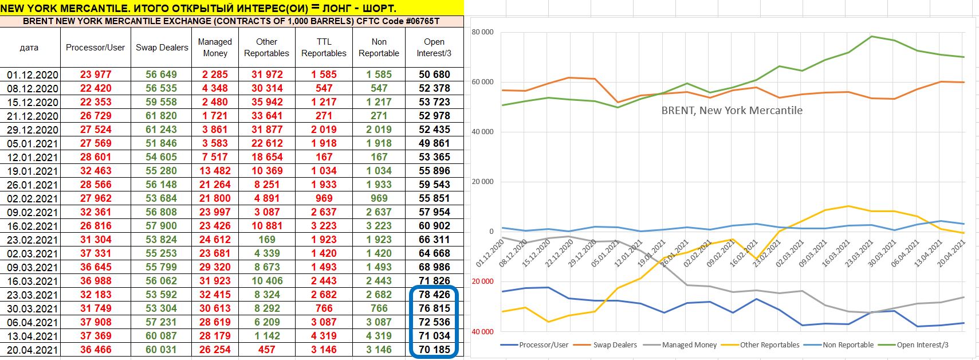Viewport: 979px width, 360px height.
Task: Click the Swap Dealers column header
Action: click(x=162, y=48)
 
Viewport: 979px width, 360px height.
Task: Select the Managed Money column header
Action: click(x=215, y=48)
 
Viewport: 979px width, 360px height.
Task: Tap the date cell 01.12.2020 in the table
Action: click(x=32, y=75)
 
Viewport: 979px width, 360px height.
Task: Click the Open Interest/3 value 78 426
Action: click(x=434, y=295)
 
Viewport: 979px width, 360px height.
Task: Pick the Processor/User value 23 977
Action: click(x=95, y=75)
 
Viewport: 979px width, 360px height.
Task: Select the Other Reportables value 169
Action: click(x=266, y=240)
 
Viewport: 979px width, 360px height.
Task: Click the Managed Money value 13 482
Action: click(x=215, y=171)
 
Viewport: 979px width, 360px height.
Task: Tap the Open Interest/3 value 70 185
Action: click(x=434, y=350)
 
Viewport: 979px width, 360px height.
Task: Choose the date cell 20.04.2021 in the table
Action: click(x=32, y=350)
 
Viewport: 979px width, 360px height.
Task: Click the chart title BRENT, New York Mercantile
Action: click(x=732, y=111)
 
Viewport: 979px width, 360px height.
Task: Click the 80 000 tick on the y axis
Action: click(x=482, y=32)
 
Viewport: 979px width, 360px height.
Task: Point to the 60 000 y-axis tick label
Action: click(x=482, y=82)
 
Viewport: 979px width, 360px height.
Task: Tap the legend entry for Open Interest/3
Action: click(x=922, y=345)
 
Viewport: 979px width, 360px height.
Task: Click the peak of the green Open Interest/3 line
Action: click(x=871, y=37)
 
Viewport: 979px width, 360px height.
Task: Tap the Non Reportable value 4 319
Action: click(x=379, y=336)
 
